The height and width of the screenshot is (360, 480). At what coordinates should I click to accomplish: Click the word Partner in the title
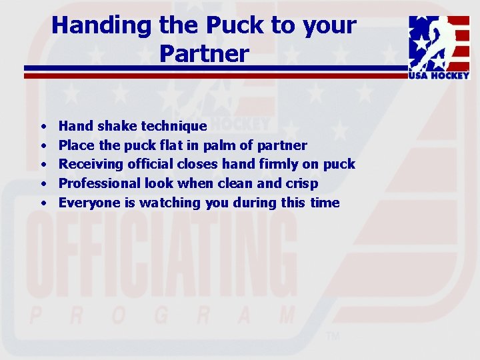pyautogui.click(x=204, y=54)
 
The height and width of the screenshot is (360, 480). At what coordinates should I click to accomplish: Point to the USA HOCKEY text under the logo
pyautogui.click(x=439, y=76)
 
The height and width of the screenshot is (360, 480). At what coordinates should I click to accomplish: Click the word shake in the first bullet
pyautogui.click(x=117, y=126)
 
